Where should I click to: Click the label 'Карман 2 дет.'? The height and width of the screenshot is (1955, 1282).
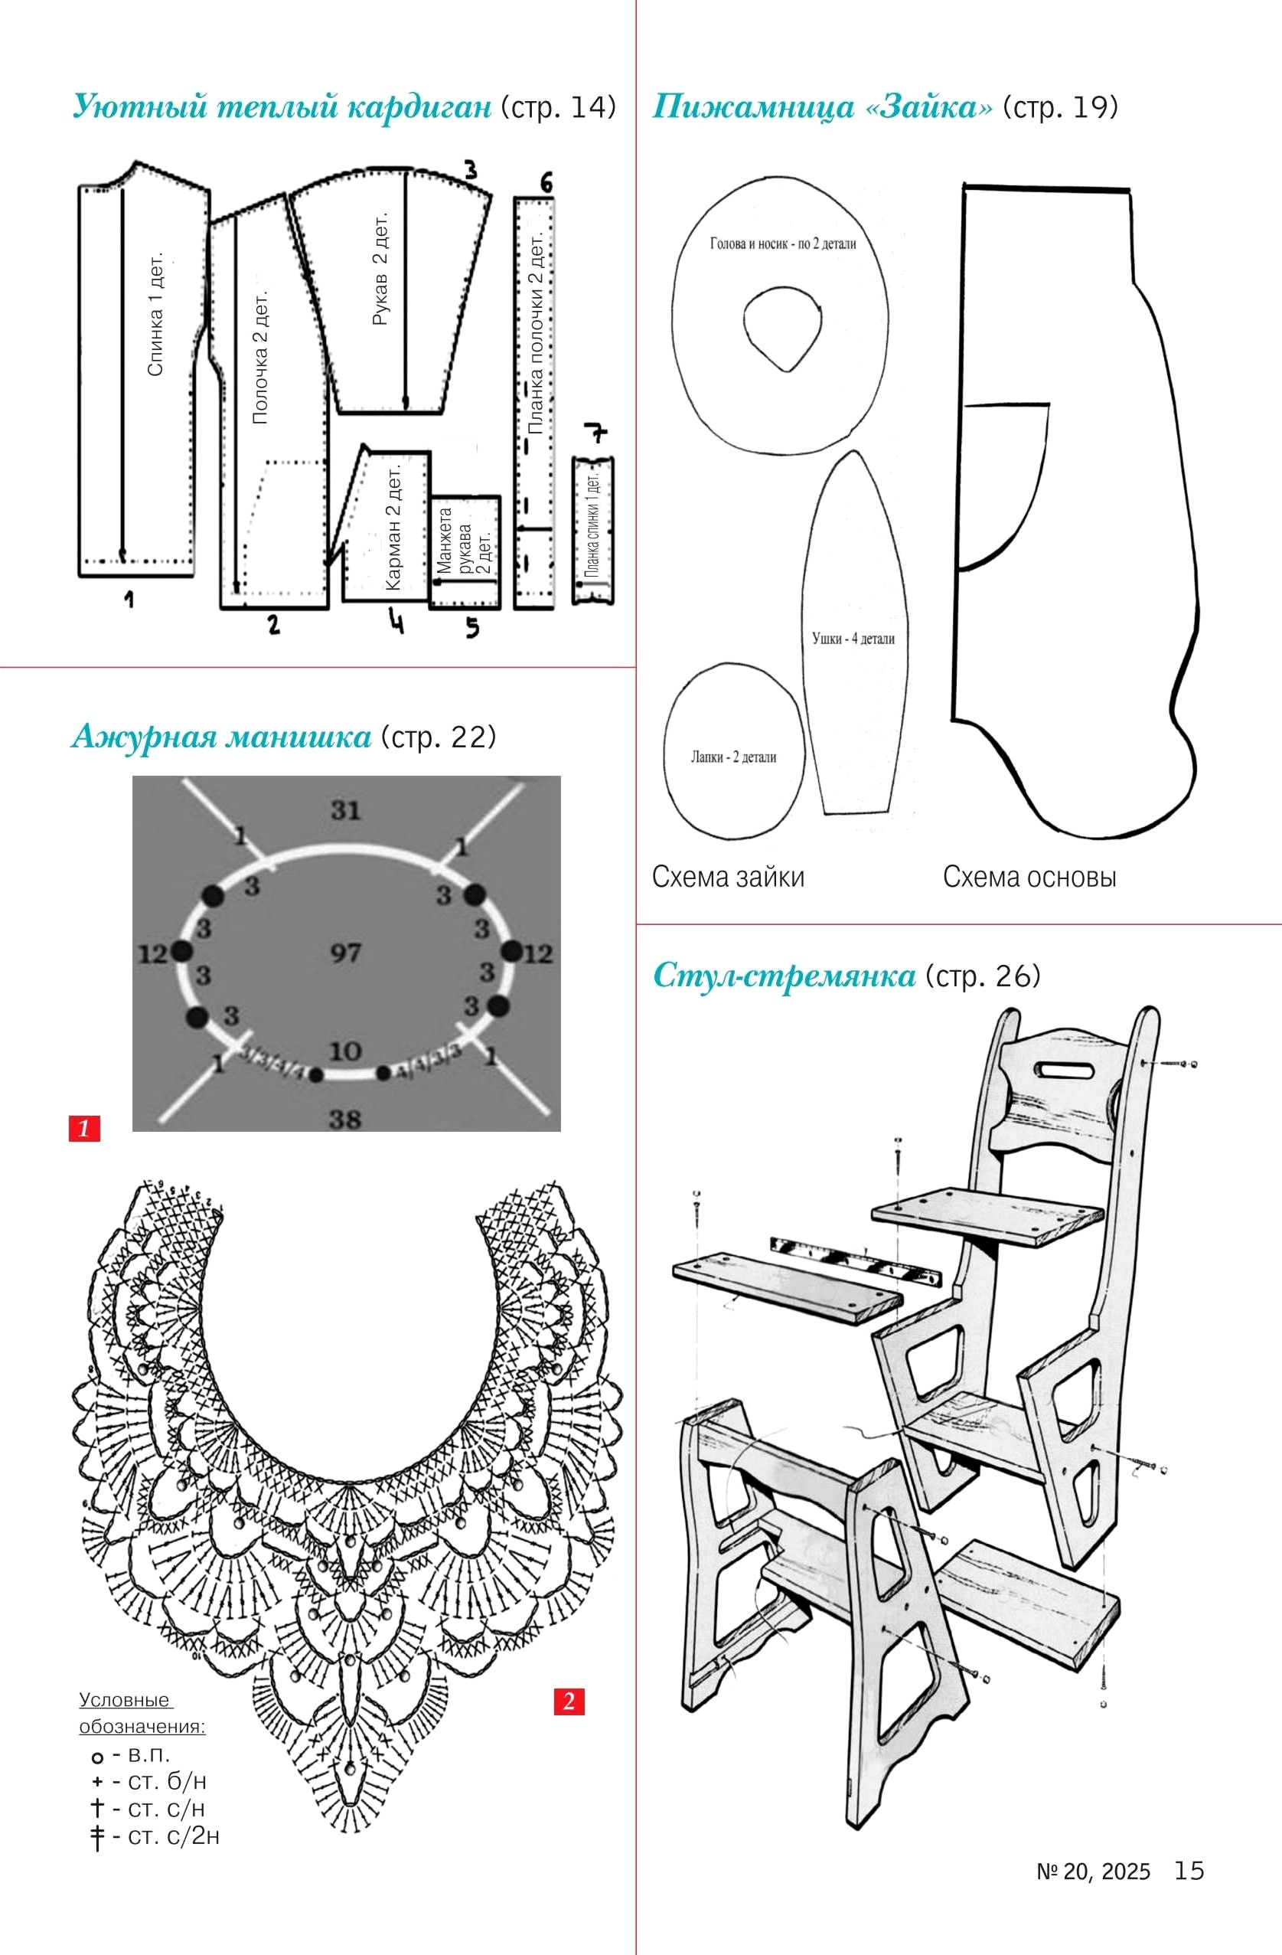tap(393, 528)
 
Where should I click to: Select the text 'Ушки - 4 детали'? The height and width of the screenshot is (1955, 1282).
tap(853, 638)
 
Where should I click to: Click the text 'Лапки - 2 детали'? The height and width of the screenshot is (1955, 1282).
tap(732, 757)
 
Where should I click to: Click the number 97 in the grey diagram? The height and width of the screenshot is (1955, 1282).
tap(346, 953)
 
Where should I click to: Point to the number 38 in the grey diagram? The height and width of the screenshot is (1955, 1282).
tap(345, 1118)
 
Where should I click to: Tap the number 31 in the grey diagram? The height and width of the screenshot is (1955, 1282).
tap(346, 811)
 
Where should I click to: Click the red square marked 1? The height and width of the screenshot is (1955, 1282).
tap(83, 1128)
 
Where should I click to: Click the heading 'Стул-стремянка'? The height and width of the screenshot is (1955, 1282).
tap(784, 976)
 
